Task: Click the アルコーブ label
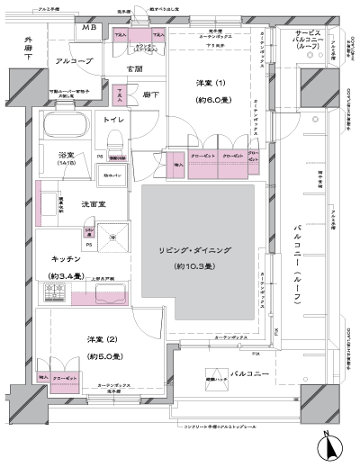pos(73,60)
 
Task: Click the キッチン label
pos(65,258)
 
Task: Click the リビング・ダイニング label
pos(202,248)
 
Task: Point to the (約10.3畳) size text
pos(202,266)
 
